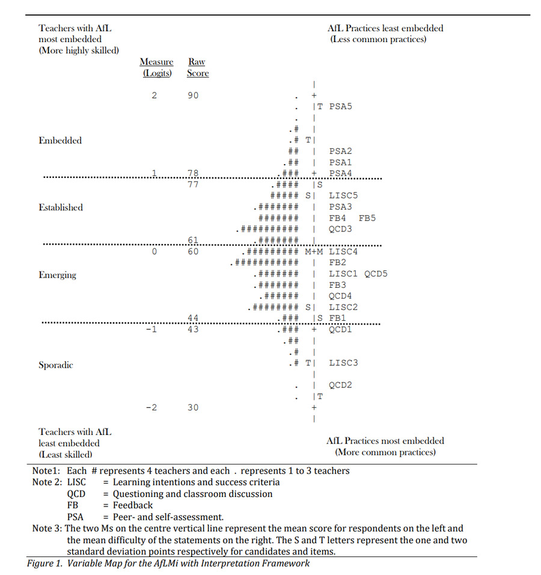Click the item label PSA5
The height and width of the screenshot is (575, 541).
[340, 106]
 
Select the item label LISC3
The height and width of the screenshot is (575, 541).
[343, 363]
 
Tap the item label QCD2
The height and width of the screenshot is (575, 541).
[340, 385]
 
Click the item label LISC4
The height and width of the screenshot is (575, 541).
[343, 252]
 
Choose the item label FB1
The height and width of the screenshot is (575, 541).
[337, 318]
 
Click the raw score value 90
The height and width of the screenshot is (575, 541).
[192, 96]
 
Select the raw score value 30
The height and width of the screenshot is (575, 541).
[192, 407]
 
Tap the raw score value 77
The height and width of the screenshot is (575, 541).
[192, 184]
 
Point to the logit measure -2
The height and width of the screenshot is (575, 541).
[151, 407]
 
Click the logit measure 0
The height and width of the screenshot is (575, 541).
[154, 252]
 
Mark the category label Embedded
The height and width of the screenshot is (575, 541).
[60, 141]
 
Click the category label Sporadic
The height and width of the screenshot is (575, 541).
[56, 365]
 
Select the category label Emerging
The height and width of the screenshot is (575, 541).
[58, 275]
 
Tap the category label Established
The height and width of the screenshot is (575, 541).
[61, 207]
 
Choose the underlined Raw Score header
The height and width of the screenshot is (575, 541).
[197, 67]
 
